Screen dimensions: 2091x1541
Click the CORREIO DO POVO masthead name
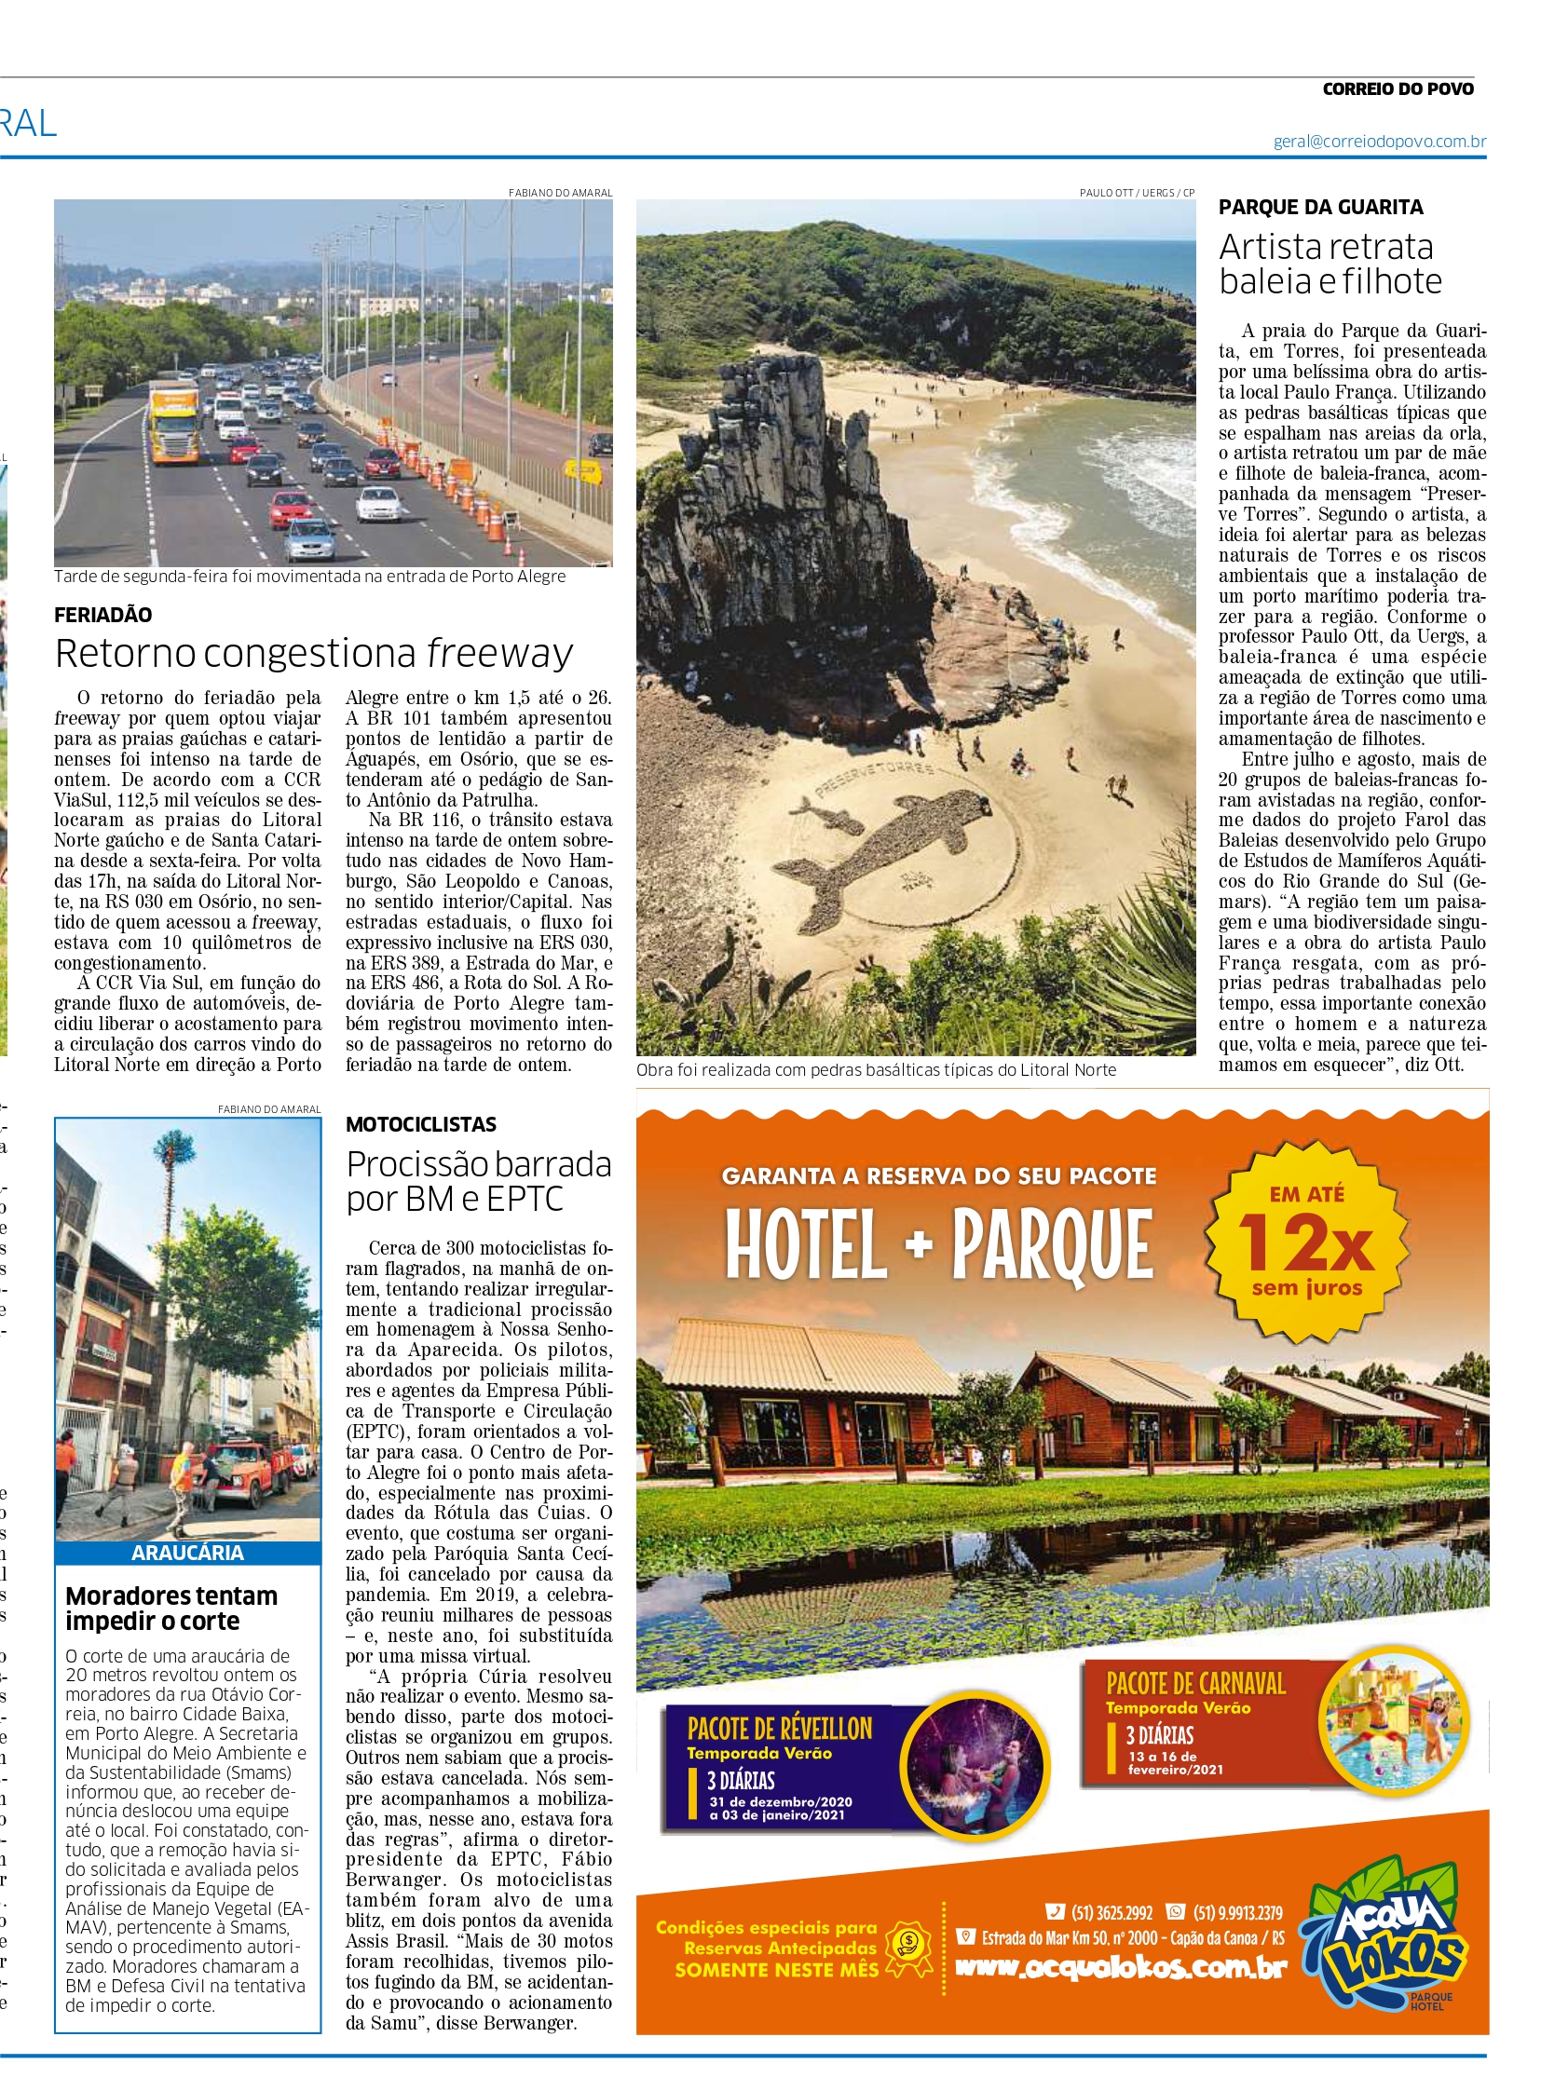(x=1398, y=88)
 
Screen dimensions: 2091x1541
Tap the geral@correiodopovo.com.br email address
(x=1380, y=142)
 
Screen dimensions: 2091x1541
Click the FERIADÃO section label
(x=102, y=615)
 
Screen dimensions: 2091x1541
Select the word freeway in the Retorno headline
(x=500, y=654)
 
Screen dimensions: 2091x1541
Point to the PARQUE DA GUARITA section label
(x=1321, y=207)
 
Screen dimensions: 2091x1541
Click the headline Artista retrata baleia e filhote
(x=1330, y=264)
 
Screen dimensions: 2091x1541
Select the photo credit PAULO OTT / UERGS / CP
(x=1136, y=192)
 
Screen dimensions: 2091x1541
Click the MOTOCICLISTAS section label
(x=421, y=1124)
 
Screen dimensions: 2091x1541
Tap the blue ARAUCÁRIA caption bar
(x=187, y=1552)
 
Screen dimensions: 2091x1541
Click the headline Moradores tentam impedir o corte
(x=171, y=1608)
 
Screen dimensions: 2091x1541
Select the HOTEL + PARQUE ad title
(x=939, y=1244)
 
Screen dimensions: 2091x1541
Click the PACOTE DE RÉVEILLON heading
(x=779, y=1728)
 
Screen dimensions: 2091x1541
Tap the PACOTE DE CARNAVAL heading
(x=1195, y=1683)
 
